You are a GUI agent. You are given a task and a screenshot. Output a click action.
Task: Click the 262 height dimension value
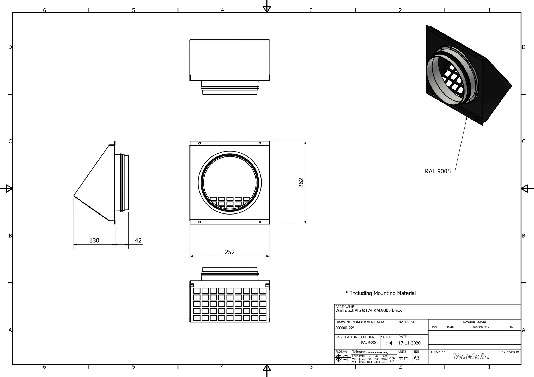(301, 183)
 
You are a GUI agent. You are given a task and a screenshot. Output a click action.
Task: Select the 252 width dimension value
(230, 252)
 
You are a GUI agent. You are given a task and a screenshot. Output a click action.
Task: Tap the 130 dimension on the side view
(94, 240)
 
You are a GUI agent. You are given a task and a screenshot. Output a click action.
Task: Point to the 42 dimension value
(138, 240)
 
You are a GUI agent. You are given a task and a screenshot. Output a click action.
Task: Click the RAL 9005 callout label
(438, 171)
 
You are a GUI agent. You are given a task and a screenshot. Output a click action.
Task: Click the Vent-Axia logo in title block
(471, 356)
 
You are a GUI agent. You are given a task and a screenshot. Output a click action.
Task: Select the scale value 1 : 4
(387, 343)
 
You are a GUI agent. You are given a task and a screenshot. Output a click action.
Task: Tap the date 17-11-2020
(409, 343)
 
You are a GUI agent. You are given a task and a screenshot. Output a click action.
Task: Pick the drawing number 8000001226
(345, 328)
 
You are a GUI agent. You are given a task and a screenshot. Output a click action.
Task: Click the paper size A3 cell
(416, 358)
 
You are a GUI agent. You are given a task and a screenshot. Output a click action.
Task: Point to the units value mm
(403, 359)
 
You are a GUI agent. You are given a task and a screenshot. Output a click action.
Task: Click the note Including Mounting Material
(381, 293)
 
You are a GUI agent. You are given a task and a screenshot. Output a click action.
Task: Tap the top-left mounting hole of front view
(199, 143)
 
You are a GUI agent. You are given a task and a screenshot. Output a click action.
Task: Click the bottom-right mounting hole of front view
(260, 222)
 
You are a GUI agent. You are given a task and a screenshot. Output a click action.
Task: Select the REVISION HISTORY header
(474, 322)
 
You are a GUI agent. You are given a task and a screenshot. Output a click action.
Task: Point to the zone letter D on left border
(10, 47)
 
